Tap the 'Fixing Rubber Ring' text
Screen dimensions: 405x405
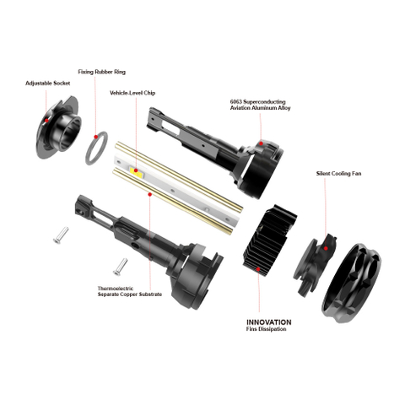100,73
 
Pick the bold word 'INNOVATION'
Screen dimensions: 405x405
268,322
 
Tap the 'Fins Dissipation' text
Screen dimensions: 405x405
268,331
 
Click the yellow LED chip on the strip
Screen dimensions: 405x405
138,171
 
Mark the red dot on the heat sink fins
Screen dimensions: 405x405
259,268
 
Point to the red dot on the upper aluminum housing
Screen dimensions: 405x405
262,145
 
